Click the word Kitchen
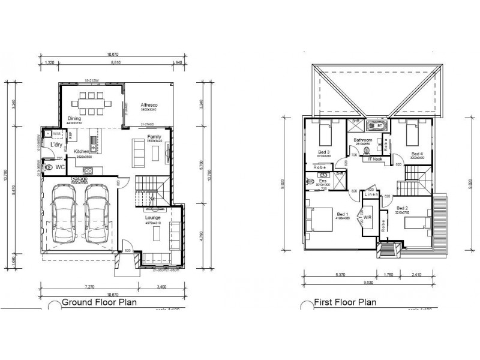(x=82, y=151)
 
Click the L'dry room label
(x=56, y=146)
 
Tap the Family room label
(x=154, y=137)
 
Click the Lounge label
(x=152, y=218)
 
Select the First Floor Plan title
(x=345, y=302)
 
